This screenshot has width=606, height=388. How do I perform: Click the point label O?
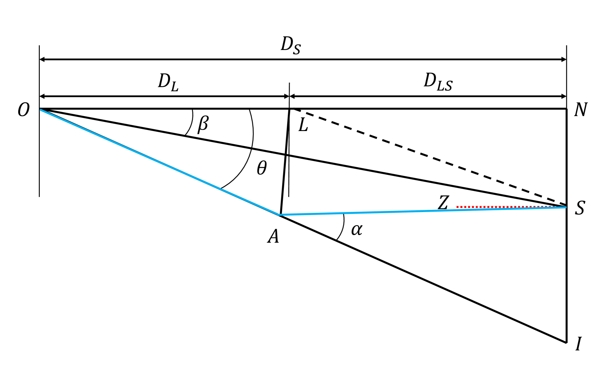23,110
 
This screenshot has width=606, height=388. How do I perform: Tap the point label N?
580,110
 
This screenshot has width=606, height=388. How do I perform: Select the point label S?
580,208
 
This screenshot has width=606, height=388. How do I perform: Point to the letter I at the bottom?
578,344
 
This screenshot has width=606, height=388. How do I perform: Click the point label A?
273,237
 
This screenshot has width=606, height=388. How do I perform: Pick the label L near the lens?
303,126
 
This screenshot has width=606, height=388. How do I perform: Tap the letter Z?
443,203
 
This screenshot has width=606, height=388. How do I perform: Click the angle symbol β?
203,124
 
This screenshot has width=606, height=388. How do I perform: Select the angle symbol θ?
262,168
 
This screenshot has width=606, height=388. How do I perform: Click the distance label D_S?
290,46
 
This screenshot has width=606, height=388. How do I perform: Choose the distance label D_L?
168,82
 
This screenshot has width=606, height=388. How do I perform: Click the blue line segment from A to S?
401,212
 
